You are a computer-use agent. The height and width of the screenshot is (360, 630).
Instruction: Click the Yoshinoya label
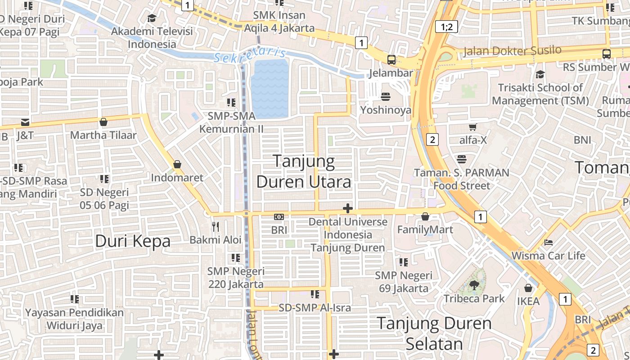click(x=386, y=110)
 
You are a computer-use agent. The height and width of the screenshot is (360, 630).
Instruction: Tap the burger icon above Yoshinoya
click(x=386, y=96)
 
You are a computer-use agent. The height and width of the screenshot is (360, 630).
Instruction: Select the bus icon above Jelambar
click(x=391, y=59)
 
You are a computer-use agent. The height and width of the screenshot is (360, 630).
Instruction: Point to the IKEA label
click(x=528, y=301)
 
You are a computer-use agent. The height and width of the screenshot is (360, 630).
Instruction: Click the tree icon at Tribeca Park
click(x=474, y=285)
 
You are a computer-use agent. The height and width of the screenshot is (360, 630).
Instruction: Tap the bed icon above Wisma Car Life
click(x=548, y=242)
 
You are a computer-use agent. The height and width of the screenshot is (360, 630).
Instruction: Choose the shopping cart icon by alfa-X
click(x=472, y=127)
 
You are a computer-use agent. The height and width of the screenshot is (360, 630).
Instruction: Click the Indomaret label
click(x=177, y=178)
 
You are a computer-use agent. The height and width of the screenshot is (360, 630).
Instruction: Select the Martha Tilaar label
click(x=103, y=135)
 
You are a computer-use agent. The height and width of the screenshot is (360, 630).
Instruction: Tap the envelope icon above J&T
click(x=25, y=122)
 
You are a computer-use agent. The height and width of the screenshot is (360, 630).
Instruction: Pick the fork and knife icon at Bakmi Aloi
click(x=216, y=226)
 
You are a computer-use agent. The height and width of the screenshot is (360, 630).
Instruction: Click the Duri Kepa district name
click(x=133, y=242)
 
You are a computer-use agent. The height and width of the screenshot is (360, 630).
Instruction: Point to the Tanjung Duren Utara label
click(x=304, y=171)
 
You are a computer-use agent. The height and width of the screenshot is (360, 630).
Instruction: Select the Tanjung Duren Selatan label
click(x=434, y=333)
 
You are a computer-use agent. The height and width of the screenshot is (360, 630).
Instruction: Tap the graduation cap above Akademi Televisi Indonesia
click(x=152, y=18)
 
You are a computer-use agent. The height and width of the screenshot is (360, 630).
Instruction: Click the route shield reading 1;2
click(x=446, y=27)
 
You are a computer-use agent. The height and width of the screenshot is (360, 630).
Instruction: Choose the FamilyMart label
click(x=425, y=230)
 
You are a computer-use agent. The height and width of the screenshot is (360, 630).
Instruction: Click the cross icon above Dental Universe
click(x=347, y=208)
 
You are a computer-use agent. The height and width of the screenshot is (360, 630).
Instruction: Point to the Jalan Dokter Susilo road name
click(x=513, y=50)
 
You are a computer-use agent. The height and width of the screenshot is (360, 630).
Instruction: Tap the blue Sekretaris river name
click(x=250, y=55)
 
